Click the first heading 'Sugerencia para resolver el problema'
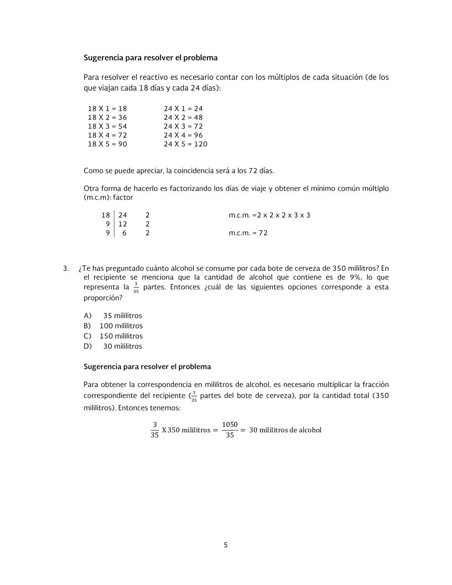(x=150, y=58)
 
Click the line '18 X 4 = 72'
(x=107, y=135)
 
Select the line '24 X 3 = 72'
(x=183, y=127)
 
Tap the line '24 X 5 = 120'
(x=185, y=144)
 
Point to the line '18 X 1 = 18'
(x=107, y=109)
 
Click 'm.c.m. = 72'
(x=248, y=233)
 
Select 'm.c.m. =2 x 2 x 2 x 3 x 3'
(x=269, y=215)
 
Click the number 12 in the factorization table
(x=123, y=224)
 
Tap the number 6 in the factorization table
(x=124, y=233)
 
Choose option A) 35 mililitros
(x=113, y=316)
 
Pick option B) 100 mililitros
(x=113, y=326)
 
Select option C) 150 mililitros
(x=113, y=336)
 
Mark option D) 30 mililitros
(x=113, y=346)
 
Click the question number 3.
(x=66, y=268)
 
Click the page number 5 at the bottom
(x=226, y=545)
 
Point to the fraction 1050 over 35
(x=230, y=430)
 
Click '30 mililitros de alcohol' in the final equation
(x=285, y=430)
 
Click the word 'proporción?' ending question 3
(x=103, y=298)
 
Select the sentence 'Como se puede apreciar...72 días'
(x=179, y=171)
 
